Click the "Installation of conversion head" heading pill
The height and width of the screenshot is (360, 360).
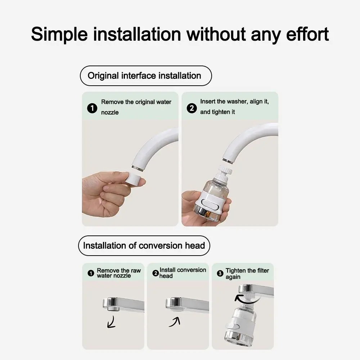click(144, 246)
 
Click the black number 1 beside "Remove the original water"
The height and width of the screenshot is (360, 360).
click(93, 108)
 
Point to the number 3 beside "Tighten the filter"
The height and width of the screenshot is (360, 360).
click(220, 274)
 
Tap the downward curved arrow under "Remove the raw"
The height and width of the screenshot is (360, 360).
click(112, 321)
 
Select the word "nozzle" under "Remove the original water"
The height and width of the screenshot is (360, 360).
click(110, 112)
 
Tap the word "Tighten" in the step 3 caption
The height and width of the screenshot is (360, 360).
click(235, 270)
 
